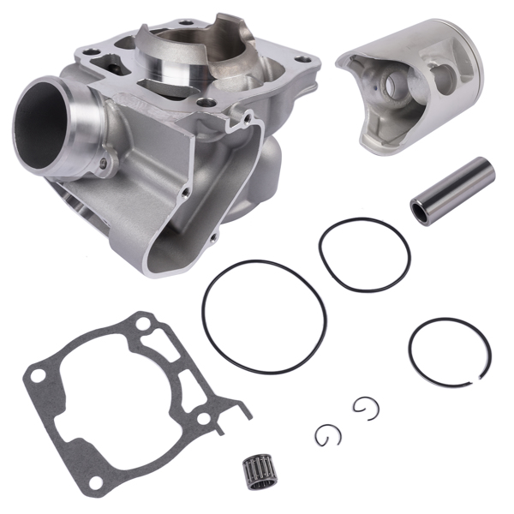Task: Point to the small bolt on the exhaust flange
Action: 105,161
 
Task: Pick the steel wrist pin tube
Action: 451,190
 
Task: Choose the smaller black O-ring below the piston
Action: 364,254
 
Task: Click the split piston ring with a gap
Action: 449,352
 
